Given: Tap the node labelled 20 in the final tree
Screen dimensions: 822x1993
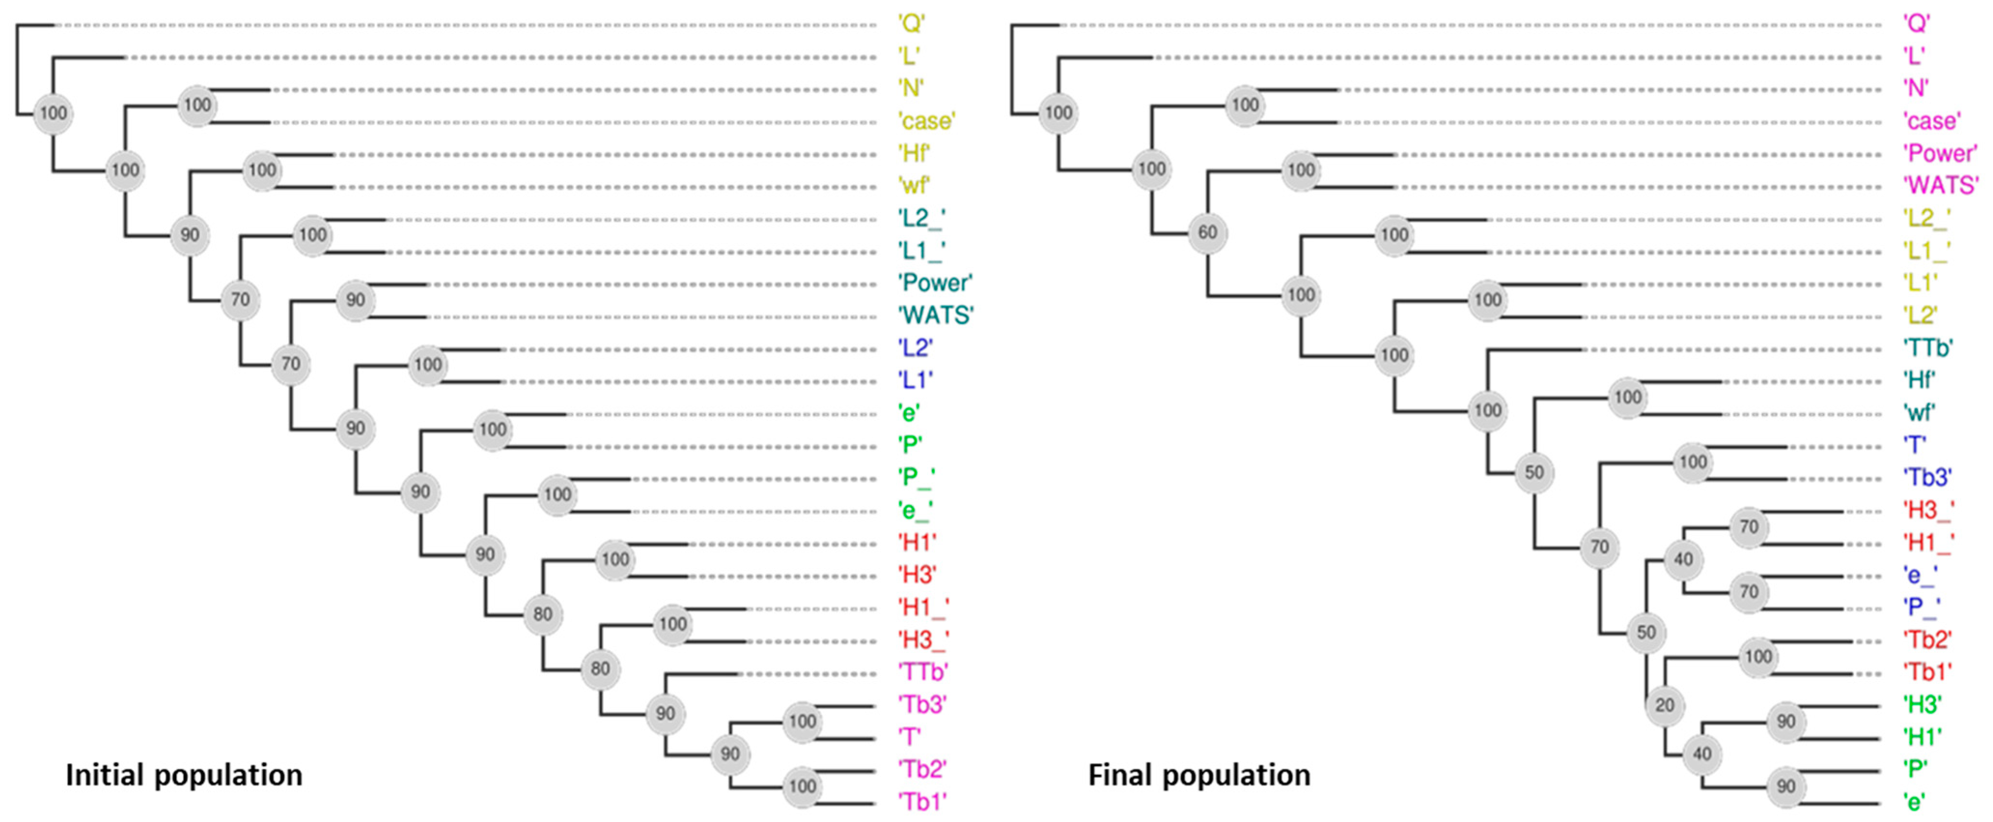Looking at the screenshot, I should point(1664,705).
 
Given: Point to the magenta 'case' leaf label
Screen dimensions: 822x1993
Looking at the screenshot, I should point(1931,121).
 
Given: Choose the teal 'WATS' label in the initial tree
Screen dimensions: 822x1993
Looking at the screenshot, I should point(935,315).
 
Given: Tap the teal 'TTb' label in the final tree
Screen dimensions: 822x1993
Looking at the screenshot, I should point(1927,348).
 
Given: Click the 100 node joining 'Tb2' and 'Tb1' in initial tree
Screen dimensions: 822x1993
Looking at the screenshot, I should point(803,786).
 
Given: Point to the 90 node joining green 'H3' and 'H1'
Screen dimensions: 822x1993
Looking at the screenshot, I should point(1785,722).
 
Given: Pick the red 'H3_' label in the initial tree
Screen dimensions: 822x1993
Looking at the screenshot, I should point(922,639).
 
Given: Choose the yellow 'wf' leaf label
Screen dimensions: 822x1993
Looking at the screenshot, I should point(913,186).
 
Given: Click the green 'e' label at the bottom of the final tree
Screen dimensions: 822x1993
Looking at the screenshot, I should point(1914,801).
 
